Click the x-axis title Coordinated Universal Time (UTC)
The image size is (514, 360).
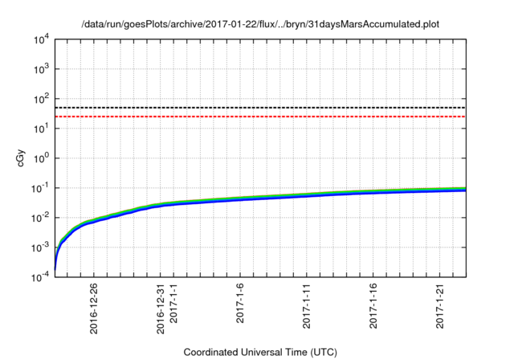click(259, 352)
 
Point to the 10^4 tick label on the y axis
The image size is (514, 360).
click(40, 39)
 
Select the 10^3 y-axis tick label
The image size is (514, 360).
click(40, 68)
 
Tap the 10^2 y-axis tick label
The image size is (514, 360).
click(40, 98)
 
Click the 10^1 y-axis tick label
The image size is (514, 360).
click(40, 128)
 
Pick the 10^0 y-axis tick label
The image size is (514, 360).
click(40, 157)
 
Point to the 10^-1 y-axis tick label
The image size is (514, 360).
click(39, 187)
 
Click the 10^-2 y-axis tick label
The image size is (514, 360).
click(39, 217)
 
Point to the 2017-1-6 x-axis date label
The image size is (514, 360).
click(241, 304)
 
